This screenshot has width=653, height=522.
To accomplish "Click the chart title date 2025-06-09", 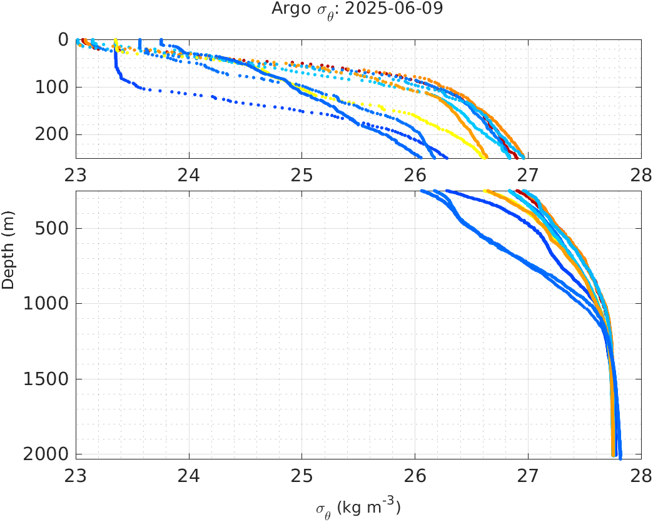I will coord(407,9).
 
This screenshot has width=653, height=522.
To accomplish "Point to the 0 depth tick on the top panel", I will coord(63,39).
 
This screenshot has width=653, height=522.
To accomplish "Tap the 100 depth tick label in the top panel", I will coord(51,87).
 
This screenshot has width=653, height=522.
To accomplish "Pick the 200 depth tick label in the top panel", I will coord(51,134).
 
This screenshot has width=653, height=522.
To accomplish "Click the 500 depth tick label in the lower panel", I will coord(51,228).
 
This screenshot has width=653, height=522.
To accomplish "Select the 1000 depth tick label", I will coord(46,304).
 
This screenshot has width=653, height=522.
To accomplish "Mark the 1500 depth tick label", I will coord(46,379).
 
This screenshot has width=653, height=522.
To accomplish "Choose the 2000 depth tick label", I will coord(46,454).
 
